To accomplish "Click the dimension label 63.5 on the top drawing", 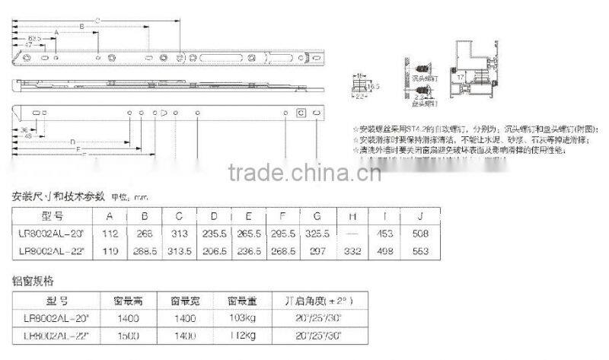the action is pyautogui.click(x=35, y=37).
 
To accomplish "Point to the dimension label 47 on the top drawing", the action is pyautogui.click(x=27, y=45).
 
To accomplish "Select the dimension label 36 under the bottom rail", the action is pyautogui.click(x=24, y=129).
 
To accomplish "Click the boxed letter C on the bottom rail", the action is pyautogui.click(x=301, y=113).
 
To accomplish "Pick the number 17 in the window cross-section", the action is pyautogui.click(x=461, y=77).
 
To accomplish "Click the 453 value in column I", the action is pyautogui.click(x=384, y=233).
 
